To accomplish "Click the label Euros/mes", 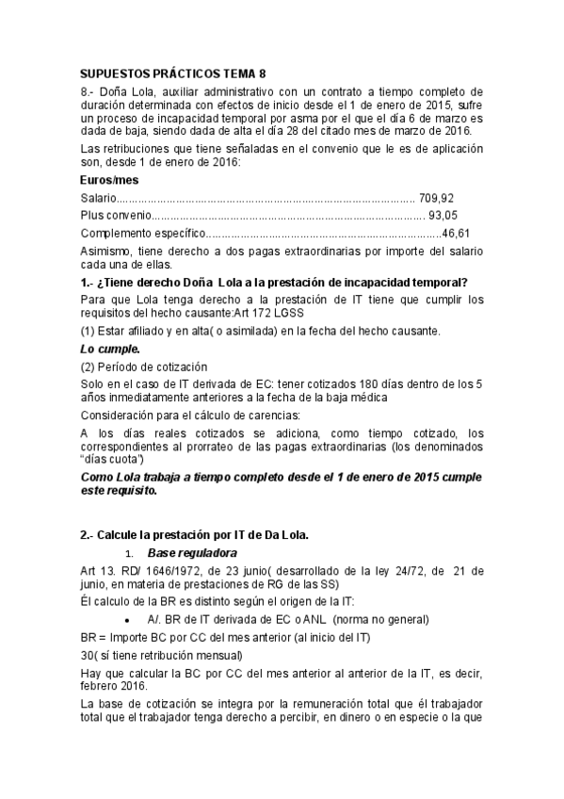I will pos(110,179).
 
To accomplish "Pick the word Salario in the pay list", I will pos(99,198).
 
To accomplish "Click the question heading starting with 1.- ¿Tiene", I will pos(275,283).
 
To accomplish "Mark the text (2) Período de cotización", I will pos(143,366).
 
